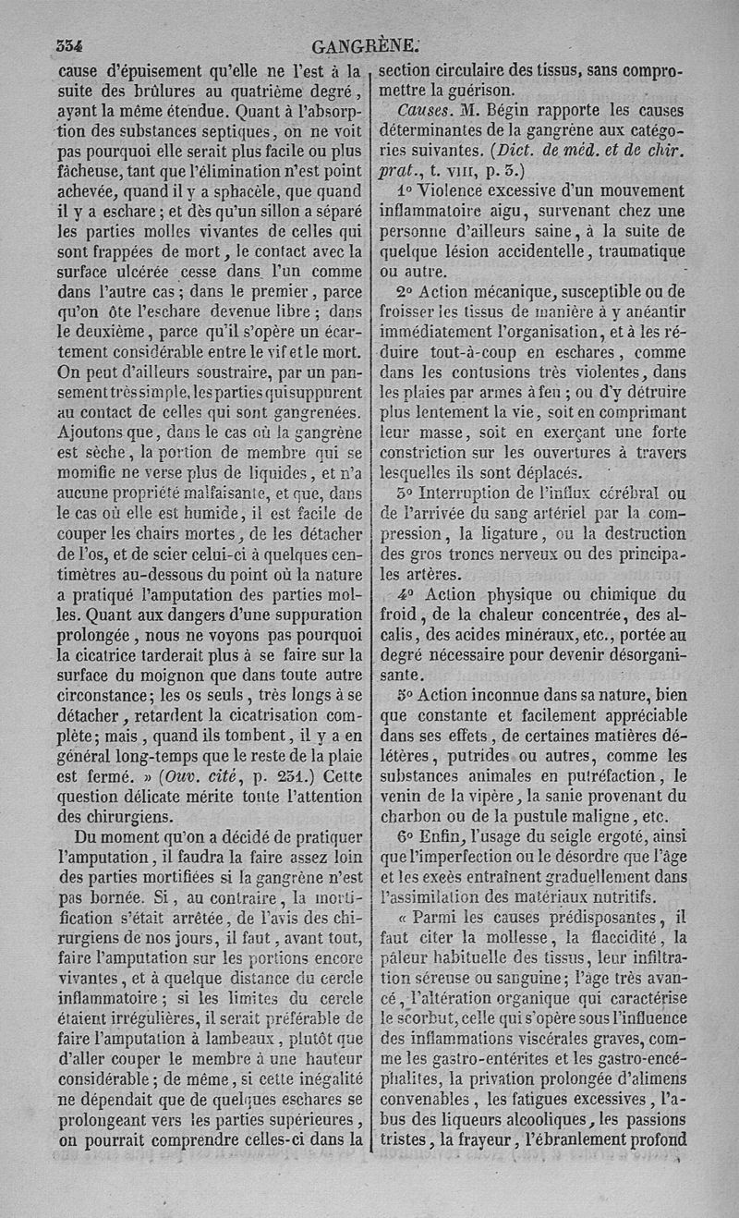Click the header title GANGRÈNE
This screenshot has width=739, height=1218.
pos(367,46)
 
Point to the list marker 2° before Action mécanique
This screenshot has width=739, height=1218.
pos(404,292)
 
